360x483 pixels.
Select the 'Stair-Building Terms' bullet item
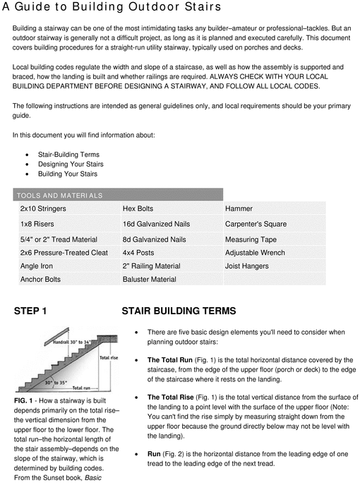click(x=68, y=154)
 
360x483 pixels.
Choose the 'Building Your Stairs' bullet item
click(x=68, y=174)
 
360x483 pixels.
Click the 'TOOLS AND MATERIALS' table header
click(x=60, y=195)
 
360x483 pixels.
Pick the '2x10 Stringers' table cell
click(x=43, y=209)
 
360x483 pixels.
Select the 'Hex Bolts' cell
click(x=138, y=209)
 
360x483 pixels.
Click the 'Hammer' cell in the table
click(x=239, y=209)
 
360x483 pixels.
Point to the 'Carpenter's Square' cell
click(x=256, y=224)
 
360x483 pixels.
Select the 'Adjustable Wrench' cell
click(x=254, y=252)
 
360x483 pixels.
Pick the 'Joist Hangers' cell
click(x=248, y=266)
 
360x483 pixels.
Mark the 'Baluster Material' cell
click(x=149, y=280)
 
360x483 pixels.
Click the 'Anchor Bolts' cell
click(x=40, y=280)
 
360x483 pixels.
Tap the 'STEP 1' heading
click(x=30, y=311)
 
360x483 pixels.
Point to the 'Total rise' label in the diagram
click(x=108, y=358)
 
